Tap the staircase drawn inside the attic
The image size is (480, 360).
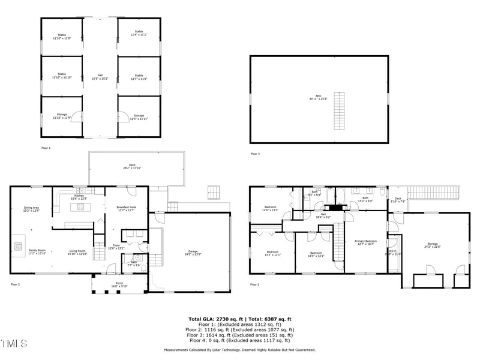click(x=340, y=110)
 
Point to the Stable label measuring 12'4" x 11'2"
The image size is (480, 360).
click(x=139, y=33)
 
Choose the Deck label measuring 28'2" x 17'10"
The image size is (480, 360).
click(x=136, y=167)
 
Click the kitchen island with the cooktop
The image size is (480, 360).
click(x=79, y=208)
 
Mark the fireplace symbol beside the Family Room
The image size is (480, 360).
click(x=19, y=245)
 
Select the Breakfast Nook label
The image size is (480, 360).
click(x=127, y=208)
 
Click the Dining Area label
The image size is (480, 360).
click(x=31, y=209)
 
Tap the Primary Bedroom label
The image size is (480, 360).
click(x=367, y=242)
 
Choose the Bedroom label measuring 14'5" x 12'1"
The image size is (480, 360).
click(x=316, y=254)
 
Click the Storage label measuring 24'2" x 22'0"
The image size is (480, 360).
click(x=433, y=246)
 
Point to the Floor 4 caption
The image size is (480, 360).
click(x=255, y=154)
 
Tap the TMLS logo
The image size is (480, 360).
click(x=14, y=344)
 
